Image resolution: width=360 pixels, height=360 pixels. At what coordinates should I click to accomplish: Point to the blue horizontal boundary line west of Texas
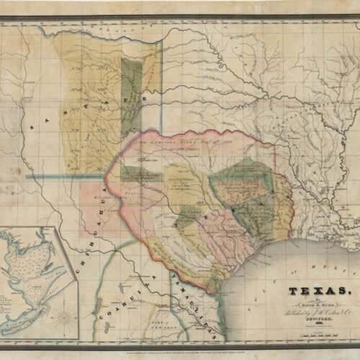pos(65,175)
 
